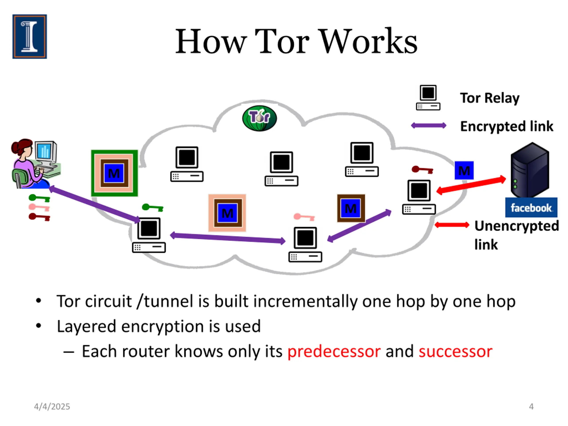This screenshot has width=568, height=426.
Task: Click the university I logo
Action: [x=30, y=36]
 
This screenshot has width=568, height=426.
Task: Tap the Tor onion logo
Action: [x=259, y=118]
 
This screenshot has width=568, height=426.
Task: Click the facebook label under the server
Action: [x=531, y=207]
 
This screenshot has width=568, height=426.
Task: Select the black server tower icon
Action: [x=530, y=170]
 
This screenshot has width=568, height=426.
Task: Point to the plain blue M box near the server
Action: [x=464, y=170]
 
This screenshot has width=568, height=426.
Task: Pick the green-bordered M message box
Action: [x=114, y=173]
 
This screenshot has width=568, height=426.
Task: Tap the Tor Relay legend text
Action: [x=490, y=98]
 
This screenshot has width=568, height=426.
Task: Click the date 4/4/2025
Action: [x=52, y=406]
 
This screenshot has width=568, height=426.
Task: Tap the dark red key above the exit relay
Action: [x=422, y=170]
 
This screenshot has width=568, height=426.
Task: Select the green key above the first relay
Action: [x=152, y=207]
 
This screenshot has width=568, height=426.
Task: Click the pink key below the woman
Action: [x=39, y=207]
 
